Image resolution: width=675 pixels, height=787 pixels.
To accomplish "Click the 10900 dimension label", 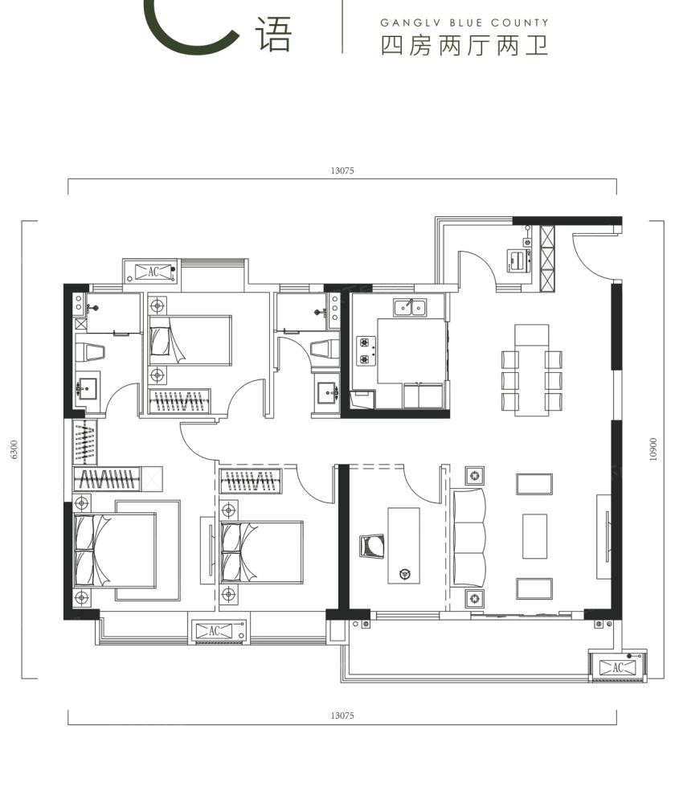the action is [652, 449].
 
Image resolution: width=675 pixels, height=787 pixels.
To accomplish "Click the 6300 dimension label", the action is [14, 449].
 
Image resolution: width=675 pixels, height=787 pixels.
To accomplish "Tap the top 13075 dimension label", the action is [342, 170].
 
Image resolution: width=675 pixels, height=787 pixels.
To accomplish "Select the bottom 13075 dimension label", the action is [342, 715].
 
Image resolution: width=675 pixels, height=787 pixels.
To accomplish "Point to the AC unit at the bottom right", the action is [617, 667].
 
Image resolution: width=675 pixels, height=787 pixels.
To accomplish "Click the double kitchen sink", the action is [411, 307].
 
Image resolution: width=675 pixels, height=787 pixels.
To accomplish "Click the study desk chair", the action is [372, 546].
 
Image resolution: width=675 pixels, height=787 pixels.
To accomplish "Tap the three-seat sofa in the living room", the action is [468, 538].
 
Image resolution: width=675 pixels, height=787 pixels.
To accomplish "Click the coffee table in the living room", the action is [534, 535].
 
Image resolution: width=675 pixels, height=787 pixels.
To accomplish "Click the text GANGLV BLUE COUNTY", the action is [464, 23].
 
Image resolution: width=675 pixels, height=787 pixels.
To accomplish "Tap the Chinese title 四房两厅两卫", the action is [464, 46].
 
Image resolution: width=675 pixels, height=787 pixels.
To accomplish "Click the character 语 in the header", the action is [274, 34].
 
